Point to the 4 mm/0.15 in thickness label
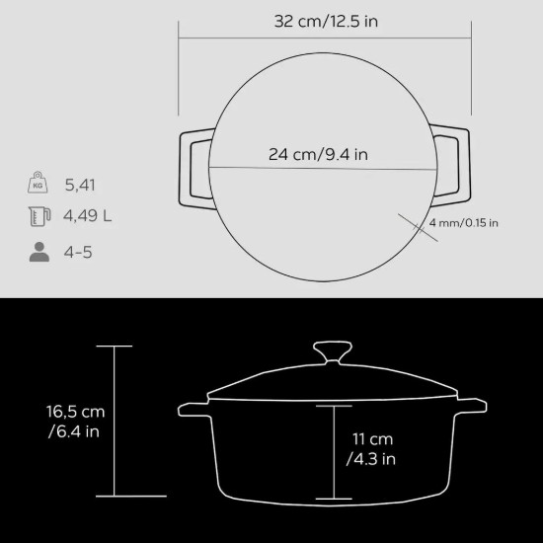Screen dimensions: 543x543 (463, 223)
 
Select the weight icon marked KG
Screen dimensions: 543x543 (39, 184)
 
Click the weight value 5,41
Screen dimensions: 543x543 (81, 185)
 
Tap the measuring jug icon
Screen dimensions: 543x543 (39, 217)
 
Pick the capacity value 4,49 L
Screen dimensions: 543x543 (88, 217)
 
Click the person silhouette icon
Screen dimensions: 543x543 (39, 251)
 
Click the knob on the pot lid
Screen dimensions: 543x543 (333, 352)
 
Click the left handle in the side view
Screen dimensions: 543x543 (194, 408)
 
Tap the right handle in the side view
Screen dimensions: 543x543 (472, 407)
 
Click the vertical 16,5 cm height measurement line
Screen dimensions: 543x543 (115, 422)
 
